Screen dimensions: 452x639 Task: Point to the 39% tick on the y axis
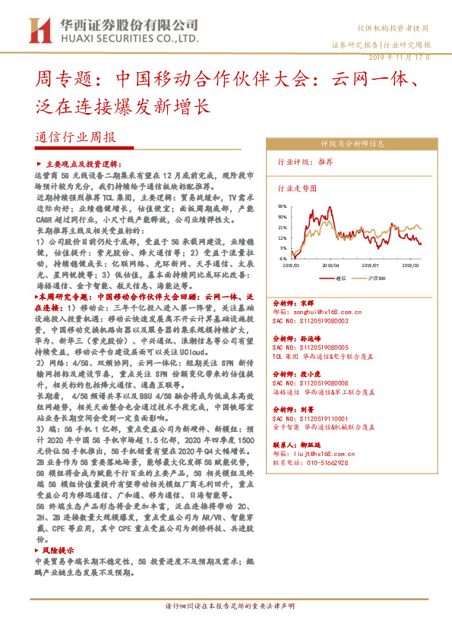point(282,206)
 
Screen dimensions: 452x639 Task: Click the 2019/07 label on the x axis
point(371,266)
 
